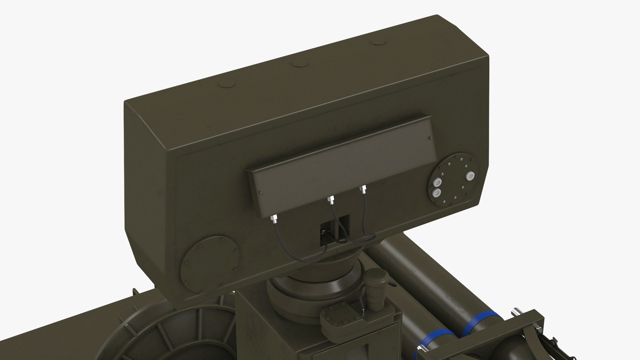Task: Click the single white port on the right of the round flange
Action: point(470,176)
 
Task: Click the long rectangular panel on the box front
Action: point(343,157)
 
